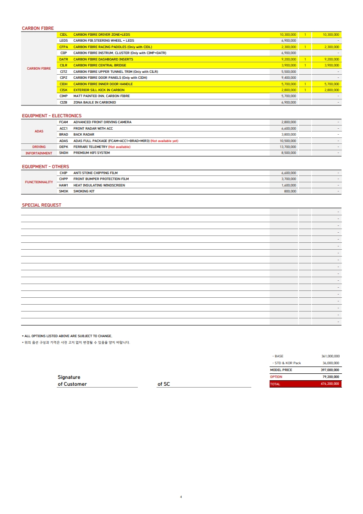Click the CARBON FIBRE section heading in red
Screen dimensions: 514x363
38,28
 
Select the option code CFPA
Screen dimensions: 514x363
64,47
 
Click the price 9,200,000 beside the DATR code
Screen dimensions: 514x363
288,59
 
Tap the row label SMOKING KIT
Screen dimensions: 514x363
84,191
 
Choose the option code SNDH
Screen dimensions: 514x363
64,153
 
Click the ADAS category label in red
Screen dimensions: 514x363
39,131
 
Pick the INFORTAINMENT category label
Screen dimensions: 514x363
39,153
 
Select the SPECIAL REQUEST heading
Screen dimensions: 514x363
42,205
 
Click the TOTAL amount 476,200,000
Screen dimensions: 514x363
330,384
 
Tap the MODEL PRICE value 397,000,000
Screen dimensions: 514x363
330,370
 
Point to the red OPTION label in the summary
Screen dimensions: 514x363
276,377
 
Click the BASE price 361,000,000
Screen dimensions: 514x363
330,356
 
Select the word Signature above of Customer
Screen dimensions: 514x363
69,377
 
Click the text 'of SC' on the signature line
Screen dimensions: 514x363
163,384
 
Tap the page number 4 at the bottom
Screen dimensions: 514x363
181,497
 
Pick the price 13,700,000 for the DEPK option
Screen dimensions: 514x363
288,147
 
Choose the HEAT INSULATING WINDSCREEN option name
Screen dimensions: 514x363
99,185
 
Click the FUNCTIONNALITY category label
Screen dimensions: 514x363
39,182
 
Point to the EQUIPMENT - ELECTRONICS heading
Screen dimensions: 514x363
52,116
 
